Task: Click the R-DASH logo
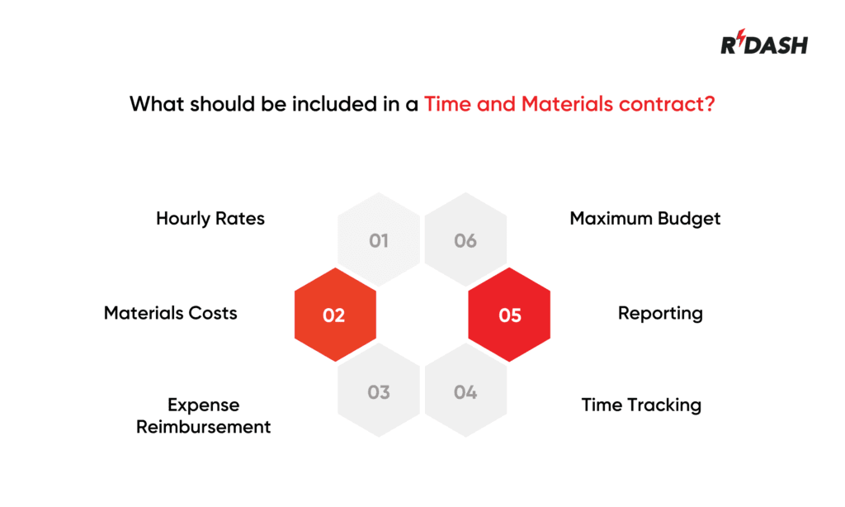764,45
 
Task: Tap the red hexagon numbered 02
335,315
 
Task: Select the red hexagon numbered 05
509,315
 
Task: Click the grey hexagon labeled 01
379,240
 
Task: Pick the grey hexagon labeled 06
465,240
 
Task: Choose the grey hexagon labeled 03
379,391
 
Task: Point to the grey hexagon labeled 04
465,391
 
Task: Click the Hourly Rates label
210,219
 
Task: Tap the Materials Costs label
171,313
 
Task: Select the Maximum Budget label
644,219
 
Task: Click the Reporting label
660,314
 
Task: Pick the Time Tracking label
641,405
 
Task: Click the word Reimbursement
204,427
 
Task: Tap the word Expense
203,405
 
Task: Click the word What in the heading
157,105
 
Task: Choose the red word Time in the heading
446,105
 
